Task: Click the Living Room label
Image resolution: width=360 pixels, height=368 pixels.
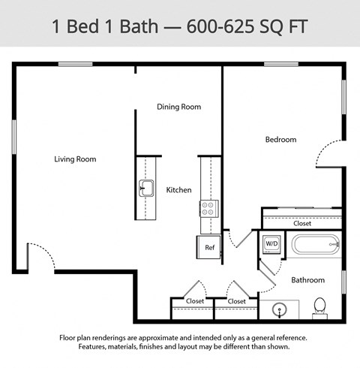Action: pyautogui.click(x=75, y=159)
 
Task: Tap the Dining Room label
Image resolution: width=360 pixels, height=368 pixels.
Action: pyautogui.click(x=178, y=107)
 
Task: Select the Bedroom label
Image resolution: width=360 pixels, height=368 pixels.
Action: pyautogui.click(x=280, y=140)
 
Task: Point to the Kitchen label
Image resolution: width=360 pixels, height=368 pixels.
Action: pyautogui.click(x=178, y=190)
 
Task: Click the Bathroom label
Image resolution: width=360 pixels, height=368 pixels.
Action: pyautogui.click(x=308, y=280)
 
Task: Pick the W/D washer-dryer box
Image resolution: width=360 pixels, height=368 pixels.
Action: pyautogui.click(x=271, y=243)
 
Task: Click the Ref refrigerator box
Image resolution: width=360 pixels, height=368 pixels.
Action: pyautogui.click(x=210, y=247)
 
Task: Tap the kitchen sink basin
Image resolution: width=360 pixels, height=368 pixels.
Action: pyautogui.click(x=145, y=188)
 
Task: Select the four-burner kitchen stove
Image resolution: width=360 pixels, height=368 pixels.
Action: pyautogui.click(x=208, y=208)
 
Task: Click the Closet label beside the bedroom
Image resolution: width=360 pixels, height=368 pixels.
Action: pyautogui.click(x=302, y=223)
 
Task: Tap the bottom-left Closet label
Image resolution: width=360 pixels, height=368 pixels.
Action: pyautogui.click(x=194, y=301)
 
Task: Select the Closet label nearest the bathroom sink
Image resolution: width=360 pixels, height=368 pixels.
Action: pyautogui.click(x=236, y=301)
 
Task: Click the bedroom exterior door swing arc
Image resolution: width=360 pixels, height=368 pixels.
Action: pyautogui.click(x=327, y=154)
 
